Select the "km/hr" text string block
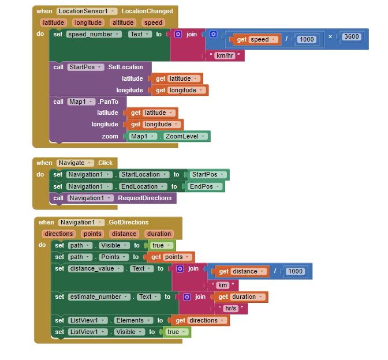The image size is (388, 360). (x=225, y=55)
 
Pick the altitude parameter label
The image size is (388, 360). (x=122, y=22)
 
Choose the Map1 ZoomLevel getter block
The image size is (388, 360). (x=169, y=136)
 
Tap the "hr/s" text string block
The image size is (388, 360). (x=230, y=308)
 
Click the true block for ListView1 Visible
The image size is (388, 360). (x=176, y=332)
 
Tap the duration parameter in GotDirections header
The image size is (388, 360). (x=158, y=234)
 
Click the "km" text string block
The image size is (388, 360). (x=222, y=285)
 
